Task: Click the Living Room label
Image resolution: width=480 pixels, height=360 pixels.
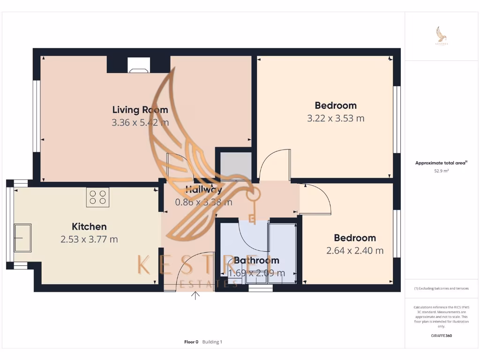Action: (140, 110)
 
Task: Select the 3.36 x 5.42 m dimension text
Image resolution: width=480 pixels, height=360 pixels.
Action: (140, 123)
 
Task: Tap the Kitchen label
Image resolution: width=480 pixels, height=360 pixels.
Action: (89, 226)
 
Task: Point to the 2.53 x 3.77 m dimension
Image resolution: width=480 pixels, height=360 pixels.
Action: (89, 240)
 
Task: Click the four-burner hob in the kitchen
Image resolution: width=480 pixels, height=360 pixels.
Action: (97, 197)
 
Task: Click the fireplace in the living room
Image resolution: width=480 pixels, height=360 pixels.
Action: (139, 66)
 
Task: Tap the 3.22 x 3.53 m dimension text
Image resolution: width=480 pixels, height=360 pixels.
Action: (336, 118)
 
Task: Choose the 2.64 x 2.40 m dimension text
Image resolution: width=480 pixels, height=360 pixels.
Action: (355, 251)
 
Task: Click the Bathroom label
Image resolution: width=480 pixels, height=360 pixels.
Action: (256, 260)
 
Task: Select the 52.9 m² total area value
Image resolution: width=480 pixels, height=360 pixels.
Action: (441, 171)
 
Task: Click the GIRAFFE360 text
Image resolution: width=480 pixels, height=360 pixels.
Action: (441, 336)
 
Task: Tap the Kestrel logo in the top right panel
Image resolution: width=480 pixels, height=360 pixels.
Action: (441, 36)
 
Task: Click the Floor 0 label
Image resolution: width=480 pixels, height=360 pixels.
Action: (191, 342)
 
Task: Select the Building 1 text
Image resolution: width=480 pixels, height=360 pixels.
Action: (212, 342)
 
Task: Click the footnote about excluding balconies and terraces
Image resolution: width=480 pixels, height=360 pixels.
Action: (441, 288)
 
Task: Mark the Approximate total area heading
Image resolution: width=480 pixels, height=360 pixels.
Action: (441, 163)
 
